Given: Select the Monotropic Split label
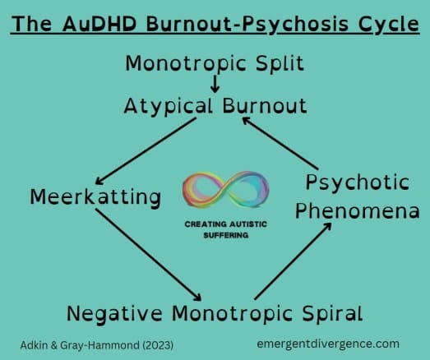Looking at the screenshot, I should pyautogui.click(x=214, y=63).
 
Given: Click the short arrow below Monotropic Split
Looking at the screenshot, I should pyautogui.click(x=215, y=84).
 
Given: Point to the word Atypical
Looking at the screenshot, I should pyautogui.click(x=168, y=106).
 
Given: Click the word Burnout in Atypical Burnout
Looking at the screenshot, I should pyautogui.click(x=260, y=106).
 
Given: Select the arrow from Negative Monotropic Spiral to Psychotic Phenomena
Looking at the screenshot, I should pyautogui.click(x=294, y=258).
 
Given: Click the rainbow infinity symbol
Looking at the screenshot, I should pyautogui.click(x=214, y=191).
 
